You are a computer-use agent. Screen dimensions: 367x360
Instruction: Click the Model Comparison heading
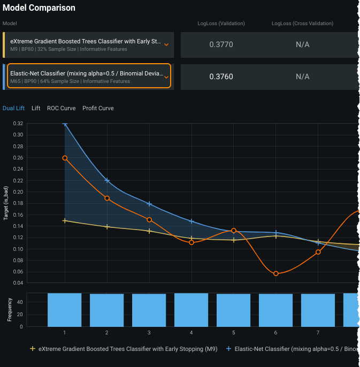[39, 8]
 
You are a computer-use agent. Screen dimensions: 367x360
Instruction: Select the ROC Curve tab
[61, 108]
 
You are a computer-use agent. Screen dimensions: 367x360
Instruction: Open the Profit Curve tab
[98, 108]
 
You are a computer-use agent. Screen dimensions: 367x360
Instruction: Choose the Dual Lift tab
[13, 108]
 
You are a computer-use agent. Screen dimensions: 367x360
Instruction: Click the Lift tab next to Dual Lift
[36, 108]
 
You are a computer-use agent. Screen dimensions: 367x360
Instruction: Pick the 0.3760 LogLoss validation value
[221, 77]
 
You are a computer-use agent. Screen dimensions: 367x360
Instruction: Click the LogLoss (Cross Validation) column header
[302, 24]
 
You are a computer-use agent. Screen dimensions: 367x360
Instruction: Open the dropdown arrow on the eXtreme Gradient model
[166, 45]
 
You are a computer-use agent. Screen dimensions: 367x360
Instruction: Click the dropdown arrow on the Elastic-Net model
[166, 77]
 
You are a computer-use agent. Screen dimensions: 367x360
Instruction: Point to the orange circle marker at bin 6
[276, 274]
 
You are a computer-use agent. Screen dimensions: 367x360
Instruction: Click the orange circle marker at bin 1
[65, 158]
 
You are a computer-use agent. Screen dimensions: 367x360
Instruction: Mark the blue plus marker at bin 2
[107, 180]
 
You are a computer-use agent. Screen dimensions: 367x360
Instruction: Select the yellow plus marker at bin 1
[65, 220]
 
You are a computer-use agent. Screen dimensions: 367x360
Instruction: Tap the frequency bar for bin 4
[191, 310]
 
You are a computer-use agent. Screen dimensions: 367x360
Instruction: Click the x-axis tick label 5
[234, 333]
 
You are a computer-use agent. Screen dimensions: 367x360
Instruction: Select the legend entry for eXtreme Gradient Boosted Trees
[124, 349]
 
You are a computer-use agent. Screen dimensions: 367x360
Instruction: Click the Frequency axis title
[9, 310]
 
